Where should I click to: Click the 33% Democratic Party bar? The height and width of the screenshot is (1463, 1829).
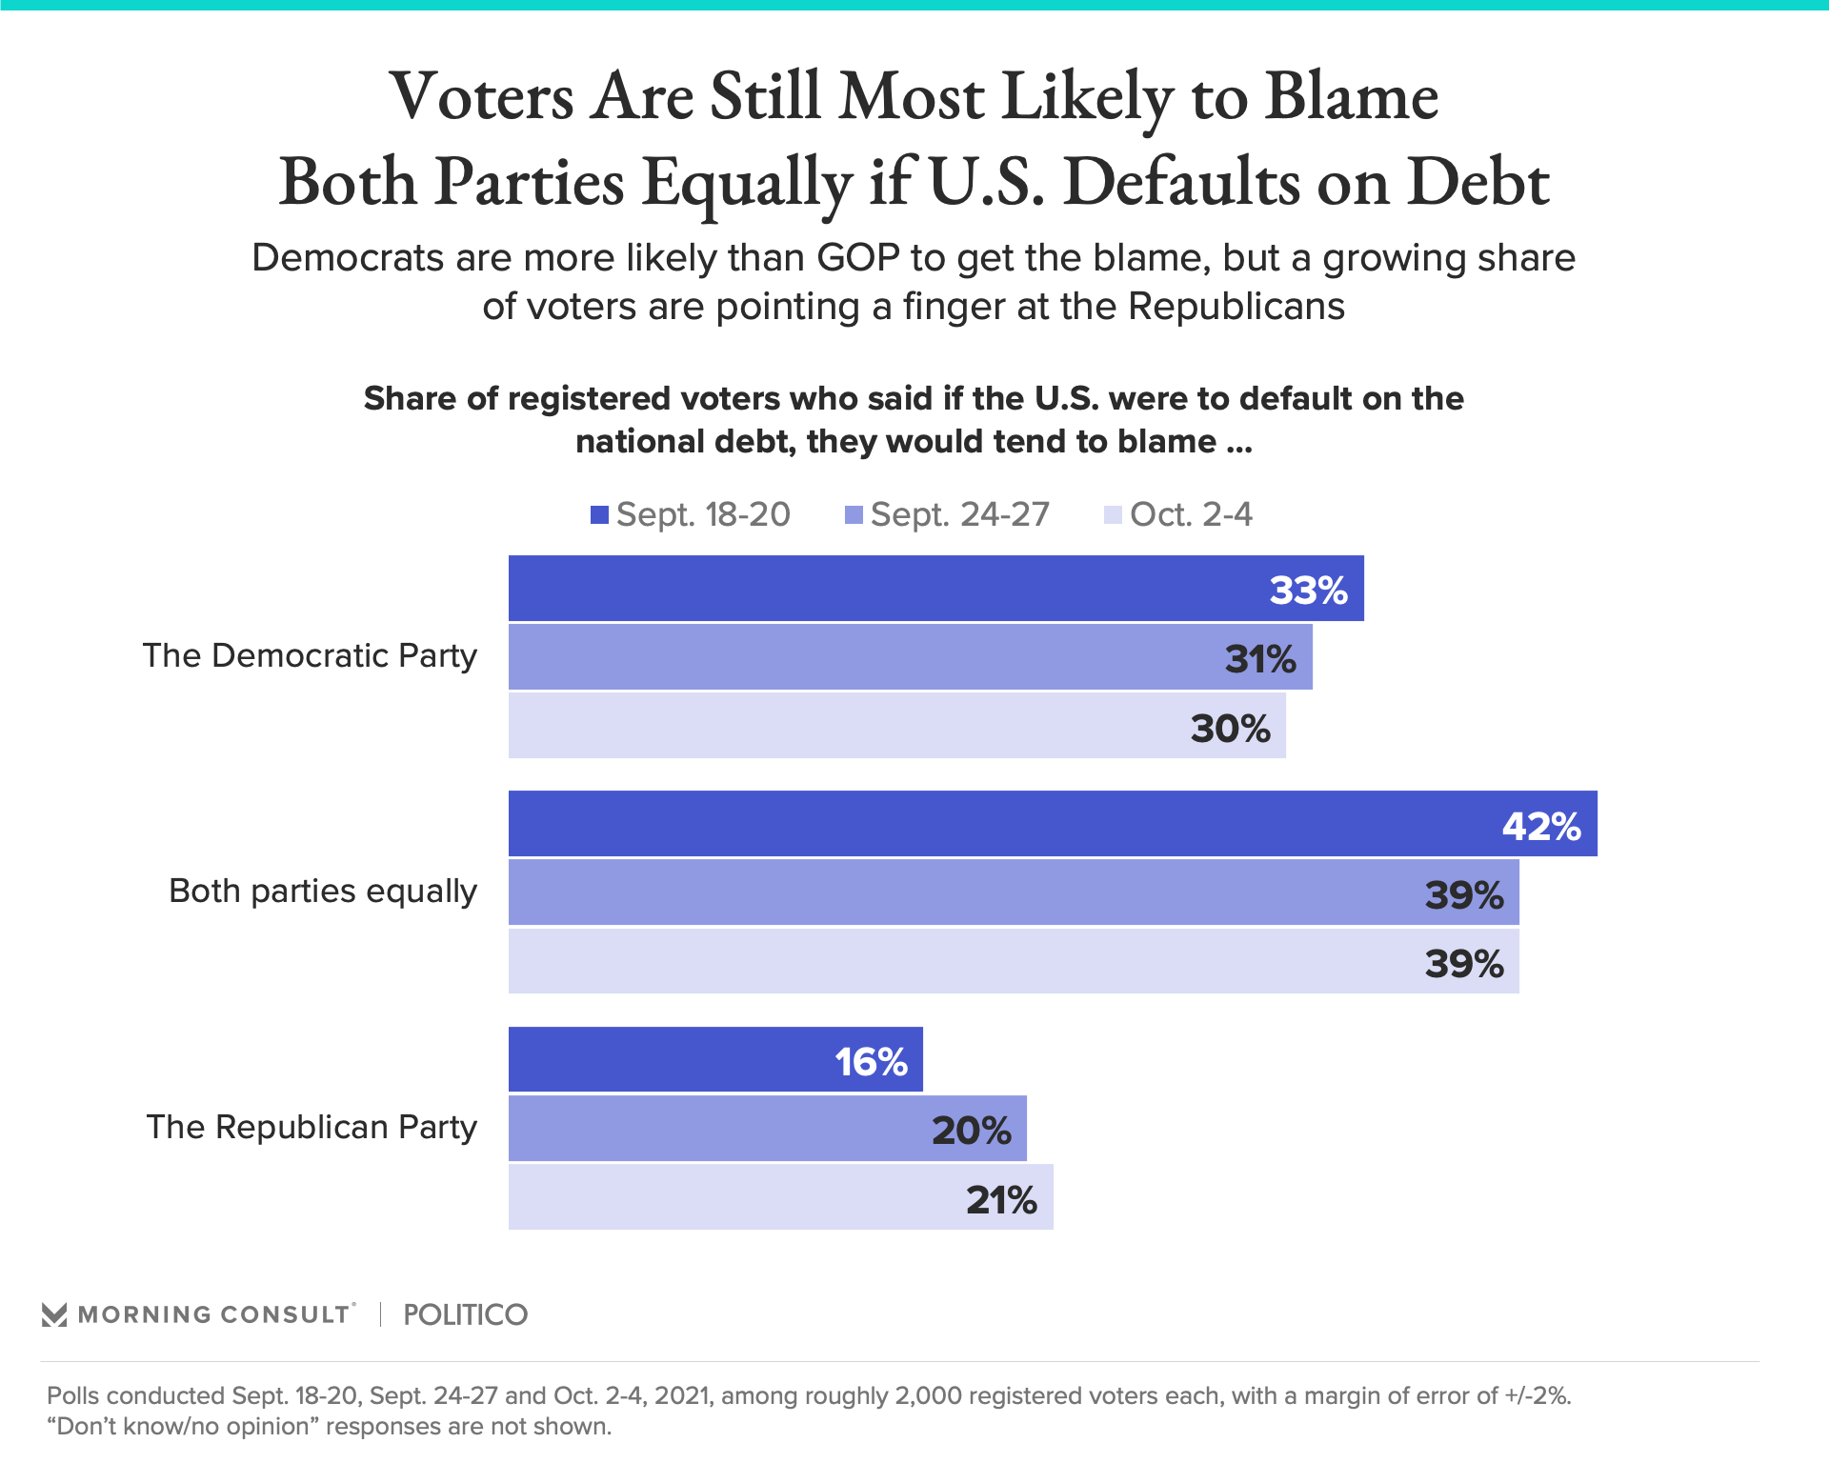[x=935, y=589]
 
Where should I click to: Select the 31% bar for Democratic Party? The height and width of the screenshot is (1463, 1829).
[x=910, y=657]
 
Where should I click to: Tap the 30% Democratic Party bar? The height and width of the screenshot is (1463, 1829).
[x=896, y=726]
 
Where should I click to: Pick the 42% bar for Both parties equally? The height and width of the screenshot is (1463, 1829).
[x=1053, y=824]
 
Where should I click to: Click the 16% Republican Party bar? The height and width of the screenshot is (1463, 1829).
[x=715, y=1060]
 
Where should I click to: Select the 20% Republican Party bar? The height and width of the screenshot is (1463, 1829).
[x=767, y=1129]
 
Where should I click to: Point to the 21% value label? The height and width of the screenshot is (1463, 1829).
[x=1001, y=1199]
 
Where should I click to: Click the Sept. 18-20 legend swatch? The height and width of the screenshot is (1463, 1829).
[x=599, y=515]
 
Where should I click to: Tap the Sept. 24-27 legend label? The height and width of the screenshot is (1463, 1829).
[x=959, y=515]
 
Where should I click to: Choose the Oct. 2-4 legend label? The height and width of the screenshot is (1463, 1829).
[x=1191, y=515]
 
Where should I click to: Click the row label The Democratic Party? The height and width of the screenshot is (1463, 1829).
[x=310, y=656]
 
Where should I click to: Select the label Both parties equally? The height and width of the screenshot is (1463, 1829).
[x=323, y=892]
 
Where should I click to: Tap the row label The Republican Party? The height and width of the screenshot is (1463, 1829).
[x=312, y=1128]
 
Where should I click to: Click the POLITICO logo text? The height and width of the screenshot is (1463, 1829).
[x=465, y=1315]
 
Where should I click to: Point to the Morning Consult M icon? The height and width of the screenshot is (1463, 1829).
[x=54, y=1315]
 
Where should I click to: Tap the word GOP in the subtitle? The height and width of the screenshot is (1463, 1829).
[x=857, y=258]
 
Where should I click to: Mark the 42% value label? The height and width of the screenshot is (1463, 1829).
[x=1541, y=826]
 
